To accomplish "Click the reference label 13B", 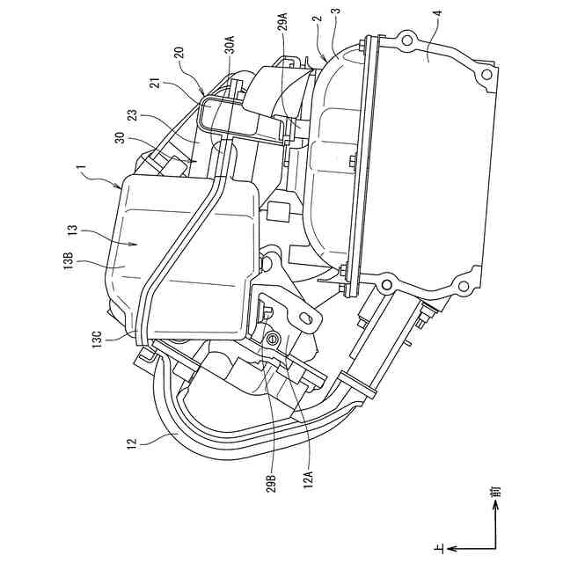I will point(68,263).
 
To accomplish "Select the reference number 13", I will point(69,231).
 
